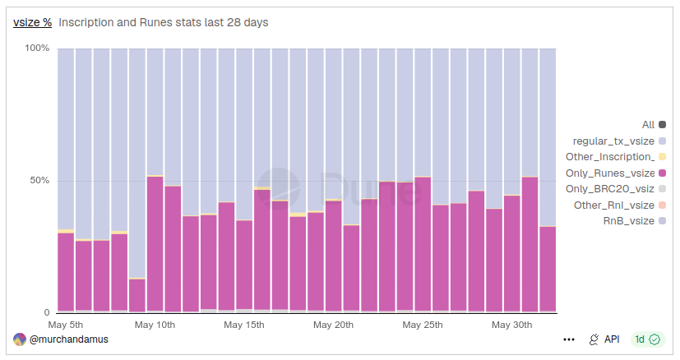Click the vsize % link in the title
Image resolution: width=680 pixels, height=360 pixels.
33,22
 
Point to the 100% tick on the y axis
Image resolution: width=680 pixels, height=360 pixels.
37,48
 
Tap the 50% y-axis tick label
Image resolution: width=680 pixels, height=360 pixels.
39,181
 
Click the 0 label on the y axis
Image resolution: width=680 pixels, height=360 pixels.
47,312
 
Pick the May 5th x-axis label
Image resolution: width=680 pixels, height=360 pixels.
66,325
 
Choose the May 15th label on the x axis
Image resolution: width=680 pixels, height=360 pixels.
244,325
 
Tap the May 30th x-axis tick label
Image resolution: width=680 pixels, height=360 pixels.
511,325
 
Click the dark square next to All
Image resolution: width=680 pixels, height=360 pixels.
662,125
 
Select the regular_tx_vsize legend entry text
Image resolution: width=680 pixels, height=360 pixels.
613,141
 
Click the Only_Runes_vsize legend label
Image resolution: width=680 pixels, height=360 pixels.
610,173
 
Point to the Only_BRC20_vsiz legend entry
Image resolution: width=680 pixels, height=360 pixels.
610,189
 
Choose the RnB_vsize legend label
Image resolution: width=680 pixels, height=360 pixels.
629,221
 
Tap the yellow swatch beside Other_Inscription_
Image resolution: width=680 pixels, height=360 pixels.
662,157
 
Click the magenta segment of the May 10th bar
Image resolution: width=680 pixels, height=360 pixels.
155,244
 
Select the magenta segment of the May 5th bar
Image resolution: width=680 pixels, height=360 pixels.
66,272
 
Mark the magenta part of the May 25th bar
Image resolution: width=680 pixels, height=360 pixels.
423,244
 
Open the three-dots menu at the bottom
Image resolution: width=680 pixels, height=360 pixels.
569,339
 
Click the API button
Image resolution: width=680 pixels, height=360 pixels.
604,339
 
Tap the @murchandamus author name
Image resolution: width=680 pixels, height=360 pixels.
68,339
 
